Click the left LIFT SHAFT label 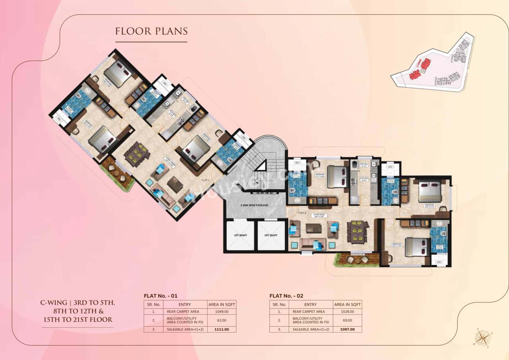click(x=240, y=235)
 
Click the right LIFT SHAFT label click(x=271, y=235)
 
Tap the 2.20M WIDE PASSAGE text click(x=254, y=206)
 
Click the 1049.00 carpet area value click(x=222, y=311)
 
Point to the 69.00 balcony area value click(x=348, y=320)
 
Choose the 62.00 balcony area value click(x=222, y=320)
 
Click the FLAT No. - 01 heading click(x=160, y=296)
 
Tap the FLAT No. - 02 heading click(x=286, y=296)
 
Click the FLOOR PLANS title click(x=151, y=31)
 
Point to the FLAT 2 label click(x=302, y=213)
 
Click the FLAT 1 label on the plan click(x=206, y=180)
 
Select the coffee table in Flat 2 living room click(x=313, y=229)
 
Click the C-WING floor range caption click(x=78, y=311)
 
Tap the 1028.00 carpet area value click(x=348, y=311)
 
